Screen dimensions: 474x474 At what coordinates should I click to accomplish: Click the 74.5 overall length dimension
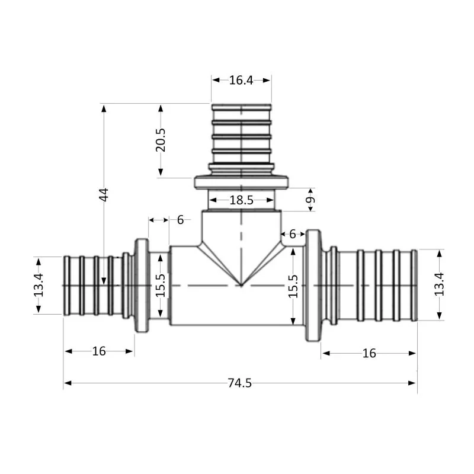click(x=239, y=383)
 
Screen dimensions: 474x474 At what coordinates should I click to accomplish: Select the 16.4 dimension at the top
click(x=241, y=80)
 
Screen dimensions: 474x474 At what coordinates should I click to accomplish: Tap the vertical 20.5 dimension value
click(x=161, y=140)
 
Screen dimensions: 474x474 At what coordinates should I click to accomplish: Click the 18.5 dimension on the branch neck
click(x=241, y=200)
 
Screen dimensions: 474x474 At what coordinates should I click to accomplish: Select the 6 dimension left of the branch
click(x=180, y=220)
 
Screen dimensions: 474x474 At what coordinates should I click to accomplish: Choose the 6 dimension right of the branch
click(x=292, y=235)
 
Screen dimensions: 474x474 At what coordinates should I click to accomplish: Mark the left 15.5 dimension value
click(x=160, y=286)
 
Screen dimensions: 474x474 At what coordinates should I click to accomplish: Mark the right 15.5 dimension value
click(x=293, y=286)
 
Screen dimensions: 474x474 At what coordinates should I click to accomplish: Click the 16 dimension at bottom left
click(x=99, y=351)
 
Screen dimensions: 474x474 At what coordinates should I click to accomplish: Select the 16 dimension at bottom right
click(x=369, y=353)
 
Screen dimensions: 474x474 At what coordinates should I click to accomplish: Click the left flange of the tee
click(x=142, y=286)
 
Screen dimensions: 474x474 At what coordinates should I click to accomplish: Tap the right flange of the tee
click(x=312, y=286)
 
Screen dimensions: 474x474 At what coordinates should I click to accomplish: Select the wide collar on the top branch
click(x=241, y=182)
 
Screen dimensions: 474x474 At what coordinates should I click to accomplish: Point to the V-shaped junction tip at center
click(x=241, y=285)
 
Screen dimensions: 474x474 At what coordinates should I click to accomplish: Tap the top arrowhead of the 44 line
click(x=104, y=108)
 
